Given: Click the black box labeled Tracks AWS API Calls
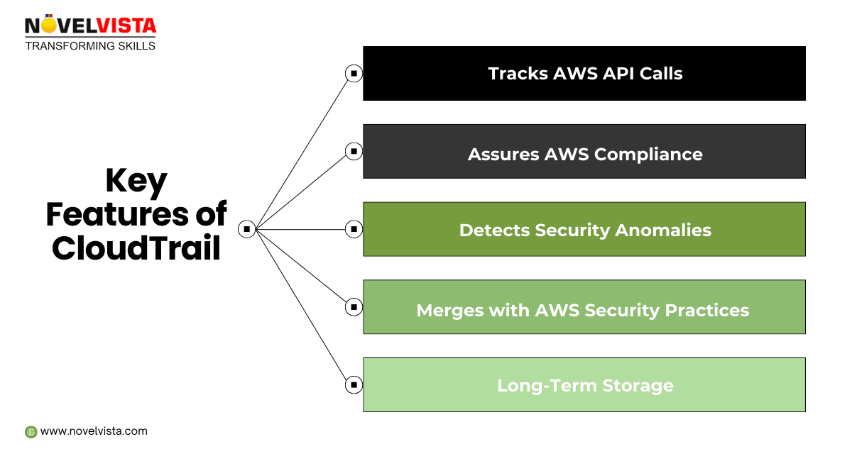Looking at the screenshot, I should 584,74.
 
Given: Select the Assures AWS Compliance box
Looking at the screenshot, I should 584,152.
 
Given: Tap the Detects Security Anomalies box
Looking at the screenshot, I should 584,229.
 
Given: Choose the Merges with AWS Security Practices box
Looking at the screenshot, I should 584,307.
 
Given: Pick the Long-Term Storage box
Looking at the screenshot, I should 584,385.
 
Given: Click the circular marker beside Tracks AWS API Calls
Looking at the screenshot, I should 353,73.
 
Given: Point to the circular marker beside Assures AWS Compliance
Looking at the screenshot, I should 353,151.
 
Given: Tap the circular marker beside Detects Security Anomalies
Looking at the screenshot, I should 353,229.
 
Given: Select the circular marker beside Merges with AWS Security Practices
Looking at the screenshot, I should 353,307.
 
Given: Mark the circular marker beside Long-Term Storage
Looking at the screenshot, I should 353,385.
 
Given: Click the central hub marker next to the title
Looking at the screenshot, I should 246,229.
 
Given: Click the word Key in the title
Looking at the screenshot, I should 136,182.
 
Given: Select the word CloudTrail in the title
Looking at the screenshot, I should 136,248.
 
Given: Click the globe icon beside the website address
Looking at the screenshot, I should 31,431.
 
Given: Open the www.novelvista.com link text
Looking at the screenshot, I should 94,431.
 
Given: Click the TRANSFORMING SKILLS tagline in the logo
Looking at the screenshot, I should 90,46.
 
